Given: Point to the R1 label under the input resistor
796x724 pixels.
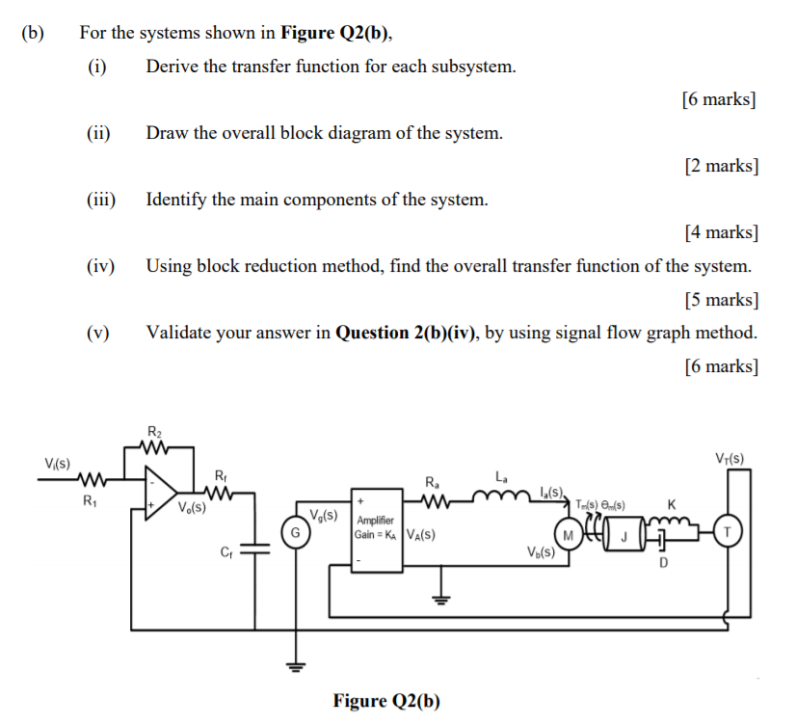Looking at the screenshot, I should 90,502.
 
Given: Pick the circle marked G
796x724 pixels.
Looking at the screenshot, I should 297,532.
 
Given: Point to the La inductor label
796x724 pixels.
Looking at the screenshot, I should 501,476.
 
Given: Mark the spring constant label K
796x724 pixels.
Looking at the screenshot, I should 672,504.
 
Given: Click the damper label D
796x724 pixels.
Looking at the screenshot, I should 663,563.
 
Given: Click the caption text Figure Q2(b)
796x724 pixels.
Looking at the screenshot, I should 386,701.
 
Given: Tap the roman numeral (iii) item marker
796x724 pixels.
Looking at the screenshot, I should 97,200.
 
